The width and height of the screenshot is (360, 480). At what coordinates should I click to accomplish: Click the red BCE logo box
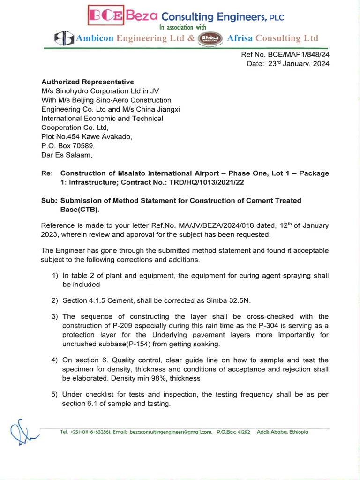tap(106, 15)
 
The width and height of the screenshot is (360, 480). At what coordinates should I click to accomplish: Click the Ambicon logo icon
tap(64, 38)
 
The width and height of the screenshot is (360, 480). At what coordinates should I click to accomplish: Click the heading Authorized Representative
tap(88, 82)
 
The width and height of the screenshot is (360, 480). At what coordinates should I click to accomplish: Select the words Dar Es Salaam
tap(67, 155)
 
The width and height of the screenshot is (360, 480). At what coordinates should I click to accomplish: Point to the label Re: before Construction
tap(47, 173)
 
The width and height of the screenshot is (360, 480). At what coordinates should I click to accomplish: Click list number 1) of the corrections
tap(55, 276)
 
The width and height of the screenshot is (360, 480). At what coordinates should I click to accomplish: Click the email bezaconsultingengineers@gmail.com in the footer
tap(171, 432)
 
